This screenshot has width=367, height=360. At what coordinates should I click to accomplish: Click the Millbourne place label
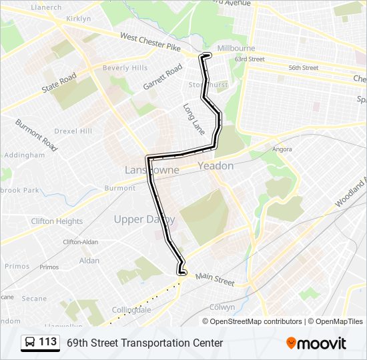[236, 49]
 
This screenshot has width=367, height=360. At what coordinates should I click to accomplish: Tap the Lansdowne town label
[151, 170]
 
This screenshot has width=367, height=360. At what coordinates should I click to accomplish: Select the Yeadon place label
[216, 165]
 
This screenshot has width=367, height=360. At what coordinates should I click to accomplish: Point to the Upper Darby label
[144, 219]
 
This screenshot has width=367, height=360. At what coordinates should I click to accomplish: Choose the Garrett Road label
[163, 77]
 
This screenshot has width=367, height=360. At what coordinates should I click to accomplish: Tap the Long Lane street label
[194, 117]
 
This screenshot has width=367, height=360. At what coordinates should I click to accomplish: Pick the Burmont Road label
[36, 133]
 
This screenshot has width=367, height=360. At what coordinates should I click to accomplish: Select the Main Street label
[215, 279]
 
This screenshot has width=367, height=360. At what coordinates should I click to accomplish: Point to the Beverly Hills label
[125, 68]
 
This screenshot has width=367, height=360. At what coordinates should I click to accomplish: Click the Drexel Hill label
[73, 131]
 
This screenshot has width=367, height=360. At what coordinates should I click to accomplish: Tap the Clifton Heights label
[57, 221]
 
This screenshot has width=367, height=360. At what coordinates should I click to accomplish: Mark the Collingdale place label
[131, 310]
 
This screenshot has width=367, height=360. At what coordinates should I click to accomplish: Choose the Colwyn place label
[222, 307]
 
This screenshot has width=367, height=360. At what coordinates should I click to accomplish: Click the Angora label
[282, 149]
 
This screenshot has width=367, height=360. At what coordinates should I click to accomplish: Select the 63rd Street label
[250, 59]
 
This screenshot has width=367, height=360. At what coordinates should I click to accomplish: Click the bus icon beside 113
[31, 343]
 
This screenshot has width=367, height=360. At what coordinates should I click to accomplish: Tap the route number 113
[48, 342]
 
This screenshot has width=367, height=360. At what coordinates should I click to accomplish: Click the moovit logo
[316, 343]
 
